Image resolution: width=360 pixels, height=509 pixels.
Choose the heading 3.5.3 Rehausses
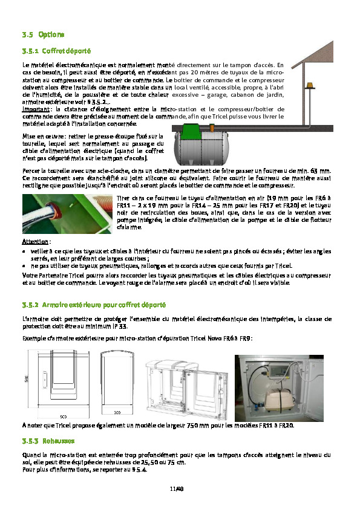48,441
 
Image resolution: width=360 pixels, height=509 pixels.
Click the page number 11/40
177,488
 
